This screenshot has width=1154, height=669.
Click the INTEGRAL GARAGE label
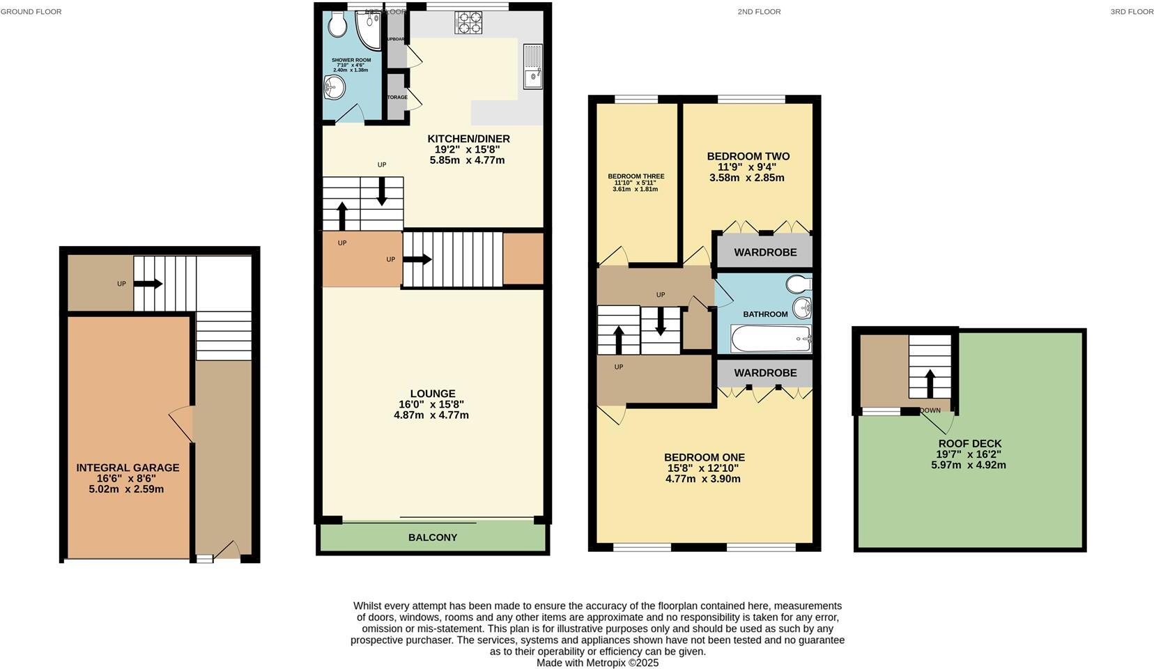coord(128,468)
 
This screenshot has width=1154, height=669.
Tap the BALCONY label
coord(433,537)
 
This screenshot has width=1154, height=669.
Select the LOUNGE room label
coord(432,394)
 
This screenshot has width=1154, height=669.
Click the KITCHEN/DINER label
coord(468,139)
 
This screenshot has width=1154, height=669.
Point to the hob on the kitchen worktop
coord(468,22)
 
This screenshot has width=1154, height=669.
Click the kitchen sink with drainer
coord(532,66)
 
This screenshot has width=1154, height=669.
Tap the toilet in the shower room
coord(338,25)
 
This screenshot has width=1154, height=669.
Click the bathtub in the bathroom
coord(771,340)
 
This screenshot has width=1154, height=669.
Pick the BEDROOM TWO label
coord(748,156)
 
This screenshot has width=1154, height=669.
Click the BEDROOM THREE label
coord(636,176)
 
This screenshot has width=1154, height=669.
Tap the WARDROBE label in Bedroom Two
coord(765,252)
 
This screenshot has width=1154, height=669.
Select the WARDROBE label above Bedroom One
coord(765,373)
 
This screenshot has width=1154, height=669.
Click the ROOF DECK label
coord(969,443)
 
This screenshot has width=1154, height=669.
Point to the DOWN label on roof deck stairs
coord(930,410)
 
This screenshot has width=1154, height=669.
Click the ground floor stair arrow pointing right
coord(148,284)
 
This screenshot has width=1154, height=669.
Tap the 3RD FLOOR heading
coord(1132,11)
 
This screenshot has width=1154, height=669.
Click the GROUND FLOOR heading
coord(31,11)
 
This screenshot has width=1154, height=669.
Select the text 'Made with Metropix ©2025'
coord(597,663)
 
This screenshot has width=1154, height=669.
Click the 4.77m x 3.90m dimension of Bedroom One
coord(702,479)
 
